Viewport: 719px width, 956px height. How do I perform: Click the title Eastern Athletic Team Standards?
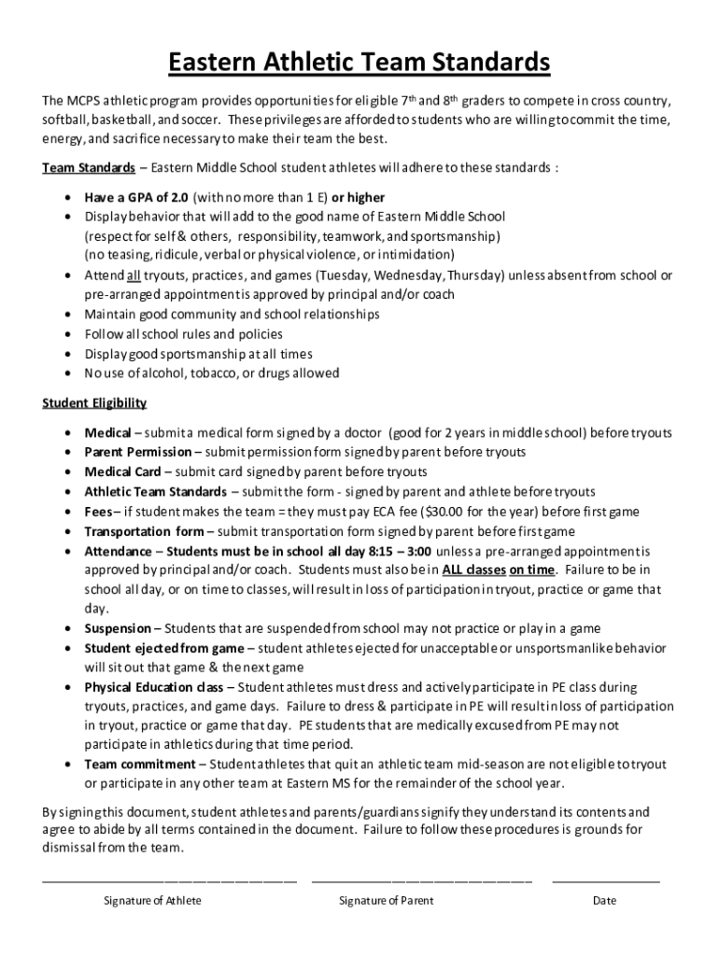[x=359, y=63]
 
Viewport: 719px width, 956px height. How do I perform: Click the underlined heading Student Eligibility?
[x=94, y=403]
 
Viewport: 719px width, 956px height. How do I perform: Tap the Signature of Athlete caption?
[x=152, y=901]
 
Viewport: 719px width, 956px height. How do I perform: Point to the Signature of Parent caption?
[x=386, y=901]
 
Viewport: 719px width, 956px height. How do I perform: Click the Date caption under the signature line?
[x=604, y=901]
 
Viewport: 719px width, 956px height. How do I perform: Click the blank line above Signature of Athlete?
[x=169, y=879]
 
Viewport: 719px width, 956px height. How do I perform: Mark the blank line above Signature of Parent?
[x=421, y=879]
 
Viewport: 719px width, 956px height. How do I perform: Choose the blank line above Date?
[x=605, y=879]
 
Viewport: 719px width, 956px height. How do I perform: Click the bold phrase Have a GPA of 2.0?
[x=137, y=198]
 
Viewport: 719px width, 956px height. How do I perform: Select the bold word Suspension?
[x=118, y=628]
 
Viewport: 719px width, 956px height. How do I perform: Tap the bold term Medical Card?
[x=122, y=471]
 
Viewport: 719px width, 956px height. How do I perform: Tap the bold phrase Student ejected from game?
[x=163, y=648]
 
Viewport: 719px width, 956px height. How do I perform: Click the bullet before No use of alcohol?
[x=69, y=373]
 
